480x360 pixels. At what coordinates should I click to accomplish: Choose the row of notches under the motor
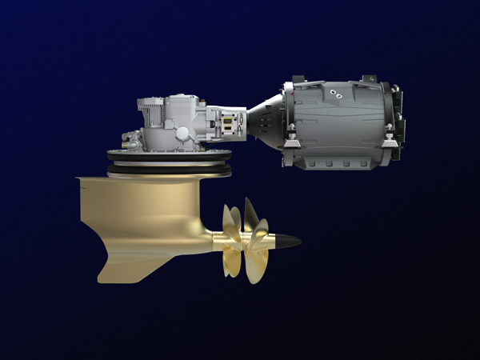click(x=336, y=163)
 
